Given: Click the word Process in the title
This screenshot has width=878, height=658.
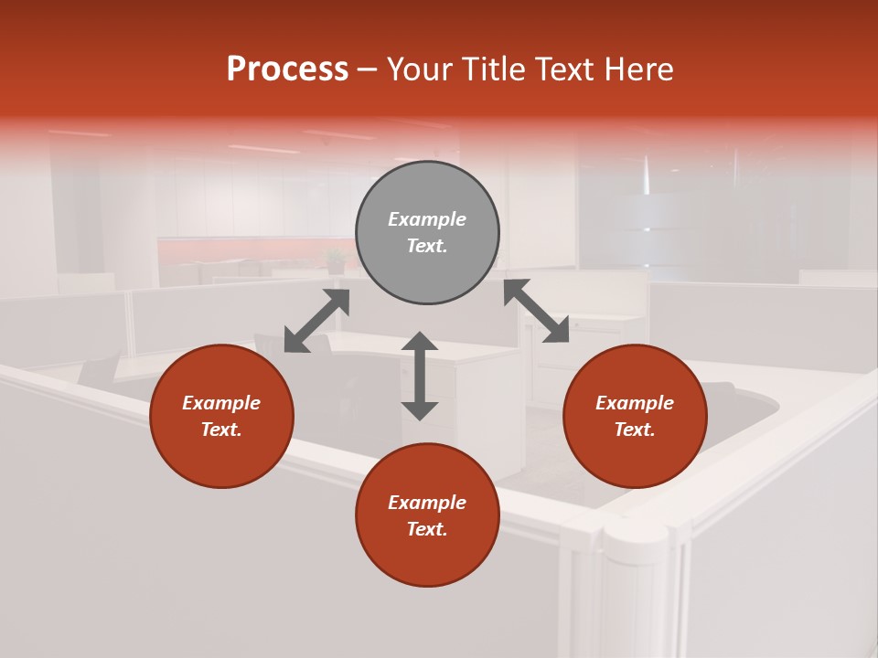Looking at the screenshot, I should (287, 69).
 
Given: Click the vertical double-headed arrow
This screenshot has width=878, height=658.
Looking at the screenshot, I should (420, 376).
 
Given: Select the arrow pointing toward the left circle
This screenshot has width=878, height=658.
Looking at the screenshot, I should (316, 321).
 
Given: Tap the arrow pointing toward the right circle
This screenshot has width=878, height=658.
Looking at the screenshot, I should (537, 311).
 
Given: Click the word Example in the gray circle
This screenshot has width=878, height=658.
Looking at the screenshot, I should (427, 219).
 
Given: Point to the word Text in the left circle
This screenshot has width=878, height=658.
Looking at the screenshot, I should (221, 430).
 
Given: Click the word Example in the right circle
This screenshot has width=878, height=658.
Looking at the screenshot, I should (635, 403).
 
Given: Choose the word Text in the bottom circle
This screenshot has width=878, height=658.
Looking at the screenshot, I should (427, 529).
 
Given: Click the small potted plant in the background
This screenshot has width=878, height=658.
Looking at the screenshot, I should (336, 261).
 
